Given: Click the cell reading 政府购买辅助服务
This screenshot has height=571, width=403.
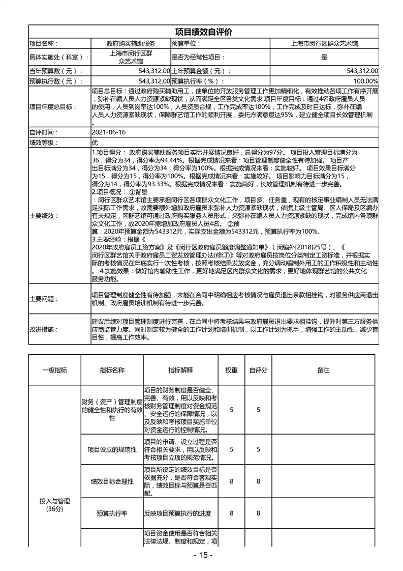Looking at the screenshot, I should [x=131, y=44].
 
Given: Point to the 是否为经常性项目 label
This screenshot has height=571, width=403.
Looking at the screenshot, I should [x=198, y=58].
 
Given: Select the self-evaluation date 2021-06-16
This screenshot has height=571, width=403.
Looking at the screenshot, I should [x=108, y=132].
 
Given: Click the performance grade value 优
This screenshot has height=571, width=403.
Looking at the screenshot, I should [x=95, y=142].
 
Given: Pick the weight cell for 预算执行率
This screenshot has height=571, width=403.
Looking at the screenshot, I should [x=231, y=513].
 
